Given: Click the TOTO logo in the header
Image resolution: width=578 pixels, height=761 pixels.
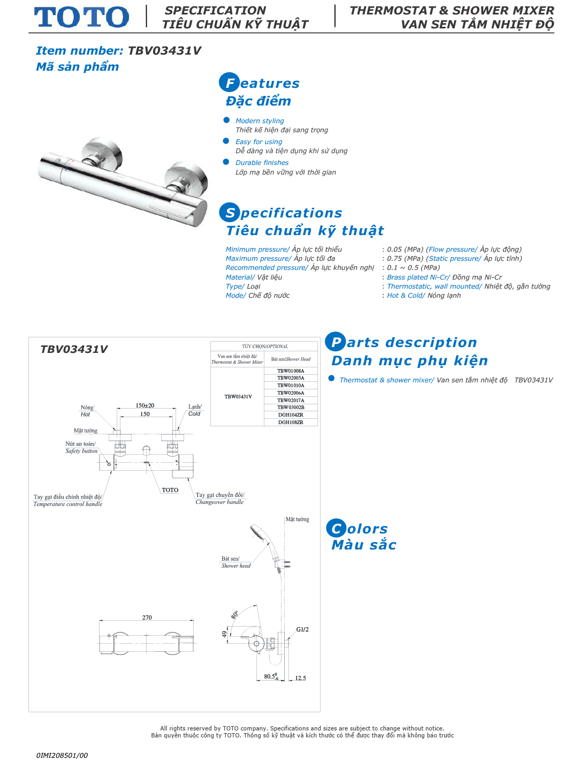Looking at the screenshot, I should (81, 17).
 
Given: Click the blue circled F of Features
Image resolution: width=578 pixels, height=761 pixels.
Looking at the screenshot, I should (229, 82).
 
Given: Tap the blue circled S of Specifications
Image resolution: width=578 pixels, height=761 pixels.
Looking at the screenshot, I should (229, 213).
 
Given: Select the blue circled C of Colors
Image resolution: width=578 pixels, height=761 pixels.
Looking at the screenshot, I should (336, 529).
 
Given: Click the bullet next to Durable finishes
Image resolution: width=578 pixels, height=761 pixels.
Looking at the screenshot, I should (226, 162).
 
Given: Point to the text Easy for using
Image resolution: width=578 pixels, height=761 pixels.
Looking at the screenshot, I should (258, 142).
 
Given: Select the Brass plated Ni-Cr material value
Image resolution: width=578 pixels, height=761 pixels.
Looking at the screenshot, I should (418, 277).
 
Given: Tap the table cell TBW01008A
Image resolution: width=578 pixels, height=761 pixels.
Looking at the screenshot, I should (291, 371).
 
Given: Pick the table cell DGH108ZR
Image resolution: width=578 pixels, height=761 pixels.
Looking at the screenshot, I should (291, 423).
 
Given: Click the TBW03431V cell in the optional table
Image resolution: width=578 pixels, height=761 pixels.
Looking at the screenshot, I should (238, 397).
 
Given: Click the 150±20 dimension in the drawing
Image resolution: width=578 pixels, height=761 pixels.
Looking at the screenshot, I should (145, 405).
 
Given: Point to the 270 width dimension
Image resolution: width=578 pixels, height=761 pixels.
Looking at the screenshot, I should (147, 617).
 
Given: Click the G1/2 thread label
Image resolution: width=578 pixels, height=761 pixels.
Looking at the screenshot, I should (302, 629).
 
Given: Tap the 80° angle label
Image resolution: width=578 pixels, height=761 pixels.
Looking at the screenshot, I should (234, 615).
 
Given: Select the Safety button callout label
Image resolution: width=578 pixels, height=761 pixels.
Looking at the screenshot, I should (81, 451).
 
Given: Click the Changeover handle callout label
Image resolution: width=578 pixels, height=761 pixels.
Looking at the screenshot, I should (219, 502).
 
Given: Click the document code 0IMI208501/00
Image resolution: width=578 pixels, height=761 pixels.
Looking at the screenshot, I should (62, 755).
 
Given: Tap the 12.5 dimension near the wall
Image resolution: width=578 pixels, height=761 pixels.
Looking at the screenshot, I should (300, 678).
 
